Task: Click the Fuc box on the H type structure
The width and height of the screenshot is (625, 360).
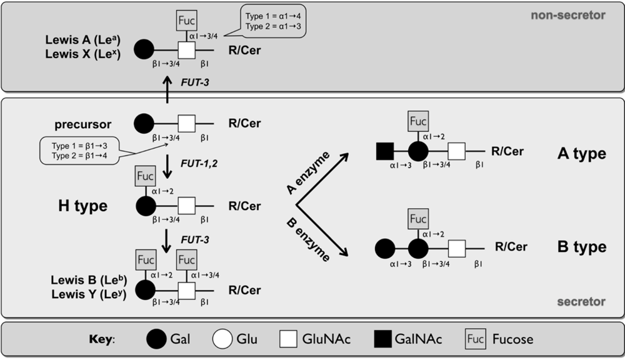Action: coord(144,177)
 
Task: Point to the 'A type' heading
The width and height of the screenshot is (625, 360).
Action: coord(581,154)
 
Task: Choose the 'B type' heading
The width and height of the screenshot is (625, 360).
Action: coord(581,247)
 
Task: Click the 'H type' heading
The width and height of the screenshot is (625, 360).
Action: coord(79,206)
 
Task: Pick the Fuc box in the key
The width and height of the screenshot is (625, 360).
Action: coord(476,340)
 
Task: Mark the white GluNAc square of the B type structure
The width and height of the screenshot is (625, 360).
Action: coord(457,247)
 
